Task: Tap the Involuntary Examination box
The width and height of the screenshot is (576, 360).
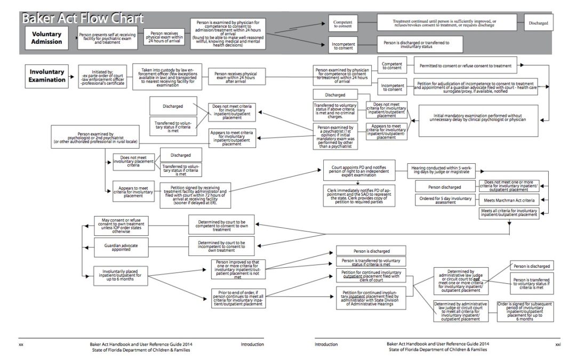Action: click(47, 76)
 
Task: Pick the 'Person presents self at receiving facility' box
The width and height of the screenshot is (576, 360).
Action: click(107, 38)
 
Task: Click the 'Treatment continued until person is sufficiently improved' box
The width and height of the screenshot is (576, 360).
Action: click(444, 23)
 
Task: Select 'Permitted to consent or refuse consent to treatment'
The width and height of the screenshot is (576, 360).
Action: click(465, 67)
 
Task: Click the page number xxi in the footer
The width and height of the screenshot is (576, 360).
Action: click(558, 344)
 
